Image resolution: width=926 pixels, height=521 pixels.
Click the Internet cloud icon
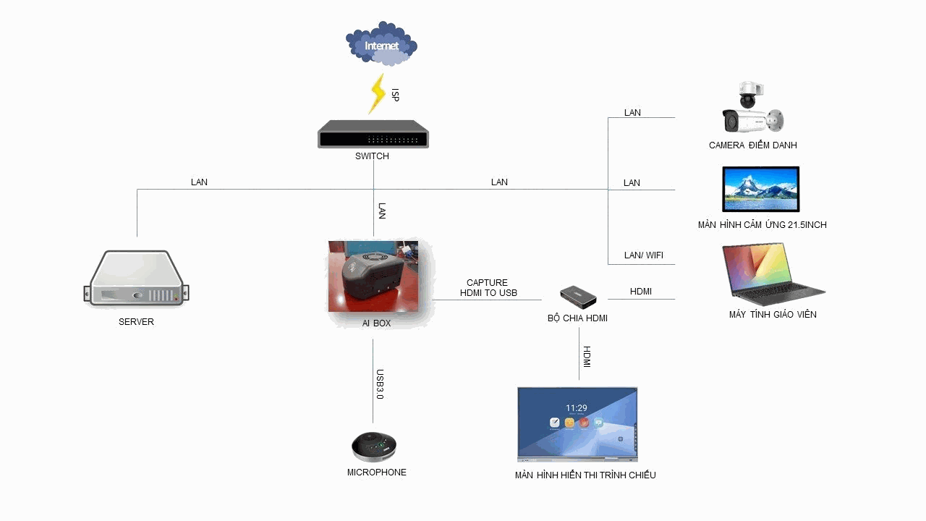click(381, 45)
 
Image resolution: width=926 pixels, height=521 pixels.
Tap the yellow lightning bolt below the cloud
click(377, 93)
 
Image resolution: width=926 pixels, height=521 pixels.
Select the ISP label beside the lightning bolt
click(395, 94)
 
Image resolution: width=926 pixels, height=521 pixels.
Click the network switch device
click(373, 135)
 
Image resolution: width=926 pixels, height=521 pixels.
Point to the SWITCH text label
click(372, 156)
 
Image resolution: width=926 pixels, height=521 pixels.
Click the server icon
click(136, 279)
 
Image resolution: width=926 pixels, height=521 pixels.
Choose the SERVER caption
click(136, 322)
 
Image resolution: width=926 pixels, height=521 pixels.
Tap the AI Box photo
click(373, 276)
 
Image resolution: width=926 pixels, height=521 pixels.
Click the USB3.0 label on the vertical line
click(380, 384)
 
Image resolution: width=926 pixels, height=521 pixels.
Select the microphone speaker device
click(374, 446)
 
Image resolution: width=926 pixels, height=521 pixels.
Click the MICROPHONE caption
click(376, 473)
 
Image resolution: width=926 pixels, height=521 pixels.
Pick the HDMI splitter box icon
click(578, 295)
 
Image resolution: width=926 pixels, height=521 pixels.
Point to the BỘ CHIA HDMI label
click(577, 318)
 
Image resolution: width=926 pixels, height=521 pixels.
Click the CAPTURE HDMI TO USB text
click(488, 288)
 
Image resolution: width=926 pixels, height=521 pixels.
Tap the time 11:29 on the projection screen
click(576, 408)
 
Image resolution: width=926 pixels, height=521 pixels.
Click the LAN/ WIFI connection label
click(643, 255)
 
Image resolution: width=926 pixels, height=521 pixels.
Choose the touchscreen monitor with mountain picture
click(761, 189)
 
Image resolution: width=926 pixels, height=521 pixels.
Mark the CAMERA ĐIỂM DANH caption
click(752, 145)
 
